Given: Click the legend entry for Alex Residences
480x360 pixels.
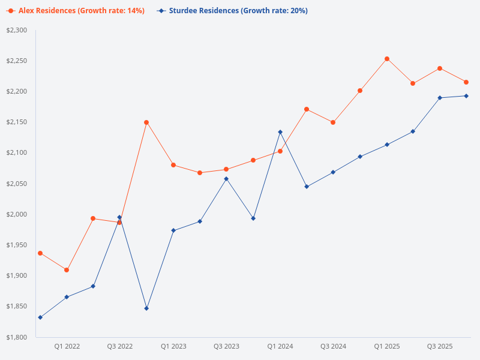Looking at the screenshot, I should pyautogui.click(x=76, y=11).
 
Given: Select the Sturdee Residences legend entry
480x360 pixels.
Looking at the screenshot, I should pyautogui.click(x=233, y=11).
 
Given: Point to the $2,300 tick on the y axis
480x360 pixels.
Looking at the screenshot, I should pyautogui.click(x=17, y=30).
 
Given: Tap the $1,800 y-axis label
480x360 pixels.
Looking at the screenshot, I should pyautogui.click(x=17, y=337).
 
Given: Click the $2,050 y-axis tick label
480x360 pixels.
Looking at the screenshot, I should pyautogui.click(x=17, y=184).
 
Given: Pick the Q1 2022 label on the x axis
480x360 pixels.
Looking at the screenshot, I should pyautogui.click(x=67, y=346).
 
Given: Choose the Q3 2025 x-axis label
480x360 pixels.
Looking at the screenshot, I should pyautogui.click(x=440, y=346).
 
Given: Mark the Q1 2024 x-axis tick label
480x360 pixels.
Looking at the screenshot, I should pyautogui.click(x=280, y=346).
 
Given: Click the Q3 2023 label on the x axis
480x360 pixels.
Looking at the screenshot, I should pyautogui.click(x=226, y=346).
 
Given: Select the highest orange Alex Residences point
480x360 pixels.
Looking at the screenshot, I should pyautogui.click(x=387, y=59).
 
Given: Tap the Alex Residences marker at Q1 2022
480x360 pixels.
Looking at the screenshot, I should pyautogui.click(x=67, y=270).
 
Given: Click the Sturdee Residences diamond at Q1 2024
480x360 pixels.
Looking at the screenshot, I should pyautogui.click(x=280, y=132).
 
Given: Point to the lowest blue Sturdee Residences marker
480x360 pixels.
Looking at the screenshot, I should pyautogui.click(x=40, y=317).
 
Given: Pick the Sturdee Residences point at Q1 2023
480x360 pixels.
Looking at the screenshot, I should pyautogui.click(x=173, y=230).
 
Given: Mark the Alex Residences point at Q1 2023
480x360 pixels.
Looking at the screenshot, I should pyautogui.click(x=173, y=165).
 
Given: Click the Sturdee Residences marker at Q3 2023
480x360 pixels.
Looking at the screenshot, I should pyautogui.click(x=226, y=179).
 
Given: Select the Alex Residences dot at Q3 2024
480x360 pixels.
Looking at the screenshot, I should pyautogui.click(x=333, y=122).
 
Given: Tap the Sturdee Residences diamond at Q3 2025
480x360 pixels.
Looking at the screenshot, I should pyautogui.click(x=440, y=98).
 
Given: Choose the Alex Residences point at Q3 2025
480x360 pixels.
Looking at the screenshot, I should pyautogui.click(x=440, y=68).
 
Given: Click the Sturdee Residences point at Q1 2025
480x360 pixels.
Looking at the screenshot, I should pyautogui.click(x=387, y=145).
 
